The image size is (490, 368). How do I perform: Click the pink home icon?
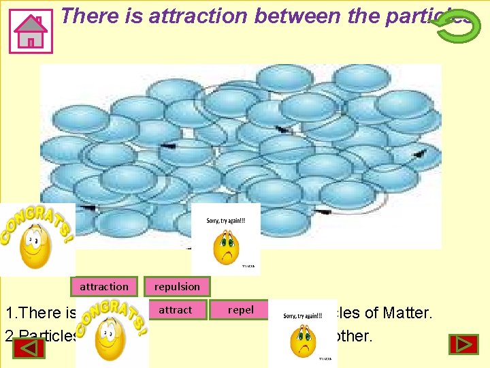(31, 31)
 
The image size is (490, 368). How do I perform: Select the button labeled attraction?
(103, 287)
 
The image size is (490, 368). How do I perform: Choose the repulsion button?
(177, 287)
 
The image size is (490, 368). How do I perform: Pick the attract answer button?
(176, 310)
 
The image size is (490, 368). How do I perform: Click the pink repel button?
(240, 310)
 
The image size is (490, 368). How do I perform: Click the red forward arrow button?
(463, 344)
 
